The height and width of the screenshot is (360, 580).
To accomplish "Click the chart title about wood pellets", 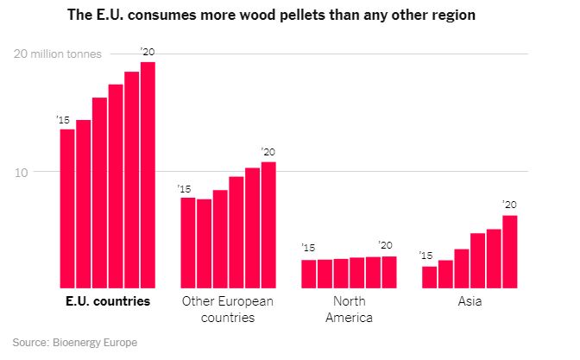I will pyautogui.click(x=289, y=15).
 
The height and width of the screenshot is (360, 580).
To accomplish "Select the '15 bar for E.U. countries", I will pyautogui.click(x=66, y=208).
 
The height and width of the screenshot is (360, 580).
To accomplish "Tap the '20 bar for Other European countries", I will pyautogui.click(x=268, y=224).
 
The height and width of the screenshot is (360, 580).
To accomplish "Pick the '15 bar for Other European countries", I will pyautogui.click(x=187, y=243).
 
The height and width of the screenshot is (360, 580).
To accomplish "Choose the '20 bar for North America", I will pyautogui.click(x=389, y=272).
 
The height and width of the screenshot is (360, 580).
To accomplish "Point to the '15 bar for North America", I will pyautogui.click(x=308, y=274).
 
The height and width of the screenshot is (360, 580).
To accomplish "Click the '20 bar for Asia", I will pyautogui.click(x=510, y=251).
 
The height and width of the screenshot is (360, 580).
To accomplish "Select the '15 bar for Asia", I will pyautogui.click(x=429, y=277).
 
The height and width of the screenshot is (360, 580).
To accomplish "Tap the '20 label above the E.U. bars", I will pyautogui.click(x=147, y=54).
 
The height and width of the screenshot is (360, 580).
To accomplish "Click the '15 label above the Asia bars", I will pyautogui.click(x=425, y=256).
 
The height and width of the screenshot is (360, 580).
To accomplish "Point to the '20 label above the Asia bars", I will pyautogui.click(x=509, y=205).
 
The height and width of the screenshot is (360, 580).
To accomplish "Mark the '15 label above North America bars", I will pyautogui.click(x=308, y=249).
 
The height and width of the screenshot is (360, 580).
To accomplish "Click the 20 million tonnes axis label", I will pyautogui.click(x=57, y=54).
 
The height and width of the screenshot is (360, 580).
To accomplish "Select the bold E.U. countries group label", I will pyautogui.click(x=107, y=302).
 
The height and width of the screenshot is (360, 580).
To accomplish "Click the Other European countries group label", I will pyautogui.click(x=228, y=309).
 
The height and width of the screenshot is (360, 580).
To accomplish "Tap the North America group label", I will pyautogui.click(x=349, y=309).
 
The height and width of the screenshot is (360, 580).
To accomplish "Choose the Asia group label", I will pyautogui.click(x=470, y=302).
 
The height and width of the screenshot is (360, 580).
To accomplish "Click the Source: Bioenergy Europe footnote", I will pyautogui.click(x=74, y=343).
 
